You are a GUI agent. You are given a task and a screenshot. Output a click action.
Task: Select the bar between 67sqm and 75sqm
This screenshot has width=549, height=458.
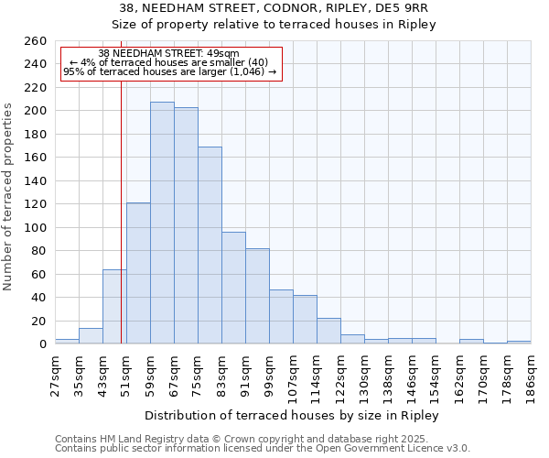pos(186,225)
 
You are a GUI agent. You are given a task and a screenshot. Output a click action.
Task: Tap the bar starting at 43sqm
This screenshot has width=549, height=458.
pos(114,307)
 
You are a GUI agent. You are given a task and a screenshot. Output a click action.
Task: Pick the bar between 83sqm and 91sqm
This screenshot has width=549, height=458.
pos(233,288)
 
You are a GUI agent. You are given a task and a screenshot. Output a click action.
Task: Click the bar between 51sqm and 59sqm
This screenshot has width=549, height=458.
pos(138,273)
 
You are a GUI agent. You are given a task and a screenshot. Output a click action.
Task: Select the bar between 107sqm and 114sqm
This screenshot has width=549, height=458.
pos(305,320)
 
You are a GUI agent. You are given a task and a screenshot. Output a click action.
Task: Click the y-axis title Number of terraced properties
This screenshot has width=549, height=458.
pos(9,197)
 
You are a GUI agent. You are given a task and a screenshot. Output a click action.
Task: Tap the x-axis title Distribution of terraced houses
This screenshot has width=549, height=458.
pos(292,415)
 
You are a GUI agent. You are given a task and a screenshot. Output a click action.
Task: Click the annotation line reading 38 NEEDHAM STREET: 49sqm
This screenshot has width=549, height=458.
pos(168,53)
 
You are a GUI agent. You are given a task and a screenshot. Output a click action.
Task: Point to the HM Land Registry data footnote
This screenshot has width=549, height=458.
pos(262,439)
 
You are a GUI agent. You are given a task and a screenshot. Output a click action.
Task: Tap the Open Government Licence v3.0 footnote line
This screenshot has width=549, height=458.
pos(262,448)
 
